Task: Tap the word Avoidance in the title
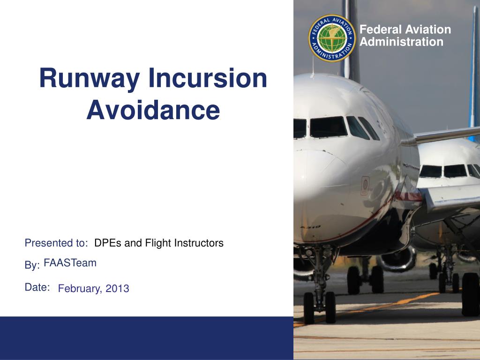click(x=153, y=110)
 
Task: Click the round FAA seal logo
click(x=332, y=38)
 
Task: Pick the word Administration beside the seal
click(x=401, y=42)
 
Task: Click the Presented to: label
click(x=56, y=243)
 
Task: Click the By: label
click(x=32, y=266)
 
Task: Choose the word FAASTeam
click(x=70, y=263)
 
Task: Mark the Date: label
click(x=37, y=287)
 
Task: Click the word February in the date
click(x=79, y=289)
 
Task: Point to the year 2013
click(x=117, y=289)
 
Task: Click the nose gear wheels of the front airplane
click(x=319, y=307)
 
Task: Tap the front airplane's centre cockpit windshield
click(x=328, y=127)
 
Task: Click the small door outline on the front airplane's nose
click(x=365, y=186)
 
